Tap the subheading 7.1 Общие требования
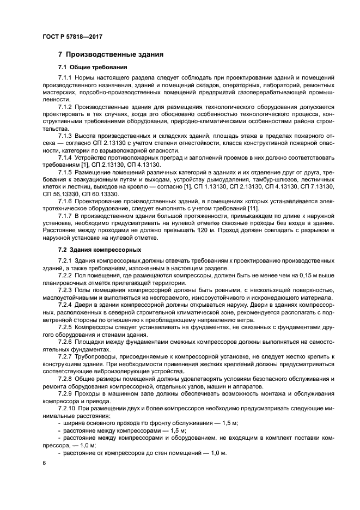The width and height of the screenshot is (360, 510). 93,68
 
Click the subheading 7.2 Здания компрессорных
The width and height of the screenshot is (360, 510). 100,250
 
